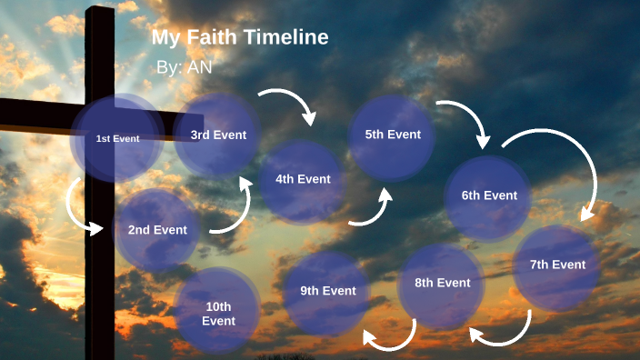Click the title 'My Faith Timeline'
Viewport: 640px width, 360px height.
point(240,37)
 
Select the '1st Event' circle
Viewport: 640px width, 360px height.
point(117,138)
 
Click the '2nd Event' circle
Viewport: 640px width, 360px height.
point(157,230)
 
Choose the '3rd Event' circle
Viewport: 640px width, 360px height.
point(218,135)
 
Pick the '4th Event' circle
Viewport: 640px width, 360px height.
point(303,179)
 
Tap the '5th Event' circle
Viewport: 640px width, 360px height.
point(393,135)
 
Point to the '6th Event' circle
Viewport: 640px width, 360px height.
point(489,195)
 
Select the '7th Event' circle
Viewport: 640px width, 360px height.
point(556,265)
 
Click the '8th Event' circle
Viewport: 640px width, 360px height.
point(442,283)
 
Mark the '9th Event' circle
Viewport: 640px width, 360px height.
point(327,291)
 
